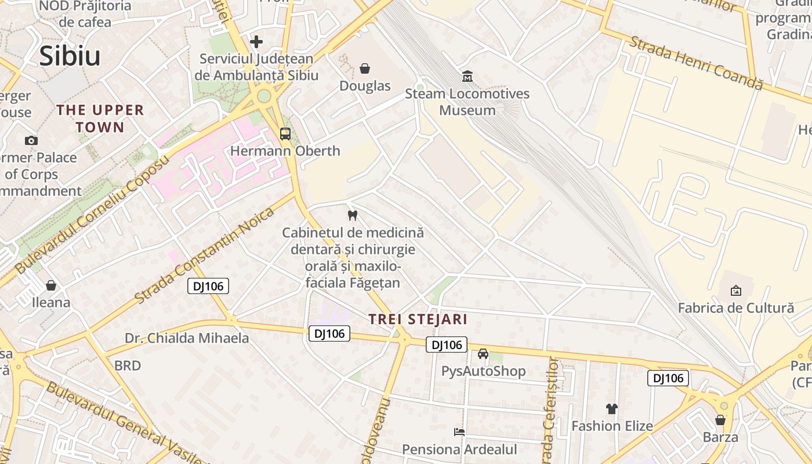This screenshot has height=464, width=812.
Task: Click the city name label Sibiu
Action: tap(70, 56)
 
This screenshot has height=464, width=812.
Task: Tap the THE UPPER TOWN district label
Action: tap(100, 118)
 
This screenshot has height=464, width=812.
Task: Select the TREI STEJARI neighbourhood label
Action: tap(418, 319)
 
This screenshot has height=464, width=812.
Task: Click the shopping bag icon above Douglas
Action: tap(365, 69)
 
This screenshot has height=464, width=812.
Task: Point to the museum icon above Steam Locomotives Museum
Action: tap(467, 76)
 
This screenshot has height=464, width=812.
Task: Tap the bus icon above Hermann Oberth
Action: tap(285, 134)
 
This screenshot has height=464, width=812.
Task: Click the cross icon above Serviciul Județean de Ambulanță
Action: tap(256, 42)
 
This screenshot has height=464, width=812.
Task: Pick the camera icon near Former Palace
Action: tap(31, 140)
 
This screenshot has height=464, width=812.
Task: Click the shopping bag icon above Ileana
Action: tap(51, 285)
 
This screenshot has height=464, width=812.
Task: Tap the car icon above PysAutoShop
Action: tap(483, 354)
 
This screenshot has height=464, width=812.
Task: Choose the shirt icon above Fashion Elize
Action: tap(612, 409)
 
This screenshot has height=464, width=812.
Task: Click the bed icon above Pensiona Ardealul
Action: tap(459, 432)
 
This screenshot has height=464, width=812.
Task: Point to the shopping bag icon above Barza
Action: tap(720, 420)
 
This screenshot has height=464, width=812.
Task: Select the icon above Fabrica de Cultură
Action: tap(735, 291)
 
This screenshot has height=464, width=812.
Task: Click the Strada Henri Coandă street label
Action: tap(695, 63)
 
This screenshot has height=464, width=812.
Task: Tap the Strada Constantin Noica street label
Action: tap(204, 256)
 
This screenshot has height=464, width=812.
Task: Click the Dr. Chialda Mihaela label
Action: tap(187, 338)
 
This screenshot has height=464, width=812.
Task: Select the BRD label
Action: tap(127, 365)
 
